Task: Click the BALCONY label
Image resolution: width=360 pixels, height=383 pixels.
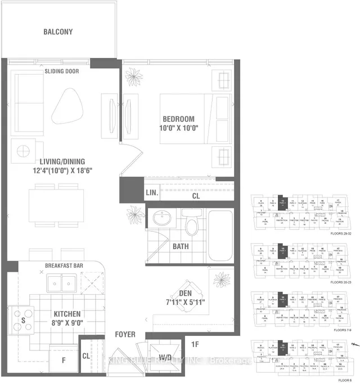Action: coord(58,31)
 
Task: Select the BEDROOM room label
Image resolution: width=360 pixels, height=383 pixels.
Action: coord(178,119)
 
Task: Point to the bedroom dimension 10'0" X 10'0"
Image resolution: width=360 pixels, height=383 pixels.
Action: coord(178,129)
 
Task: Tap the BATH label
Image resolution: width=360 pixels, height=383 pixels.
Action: coord(181,246)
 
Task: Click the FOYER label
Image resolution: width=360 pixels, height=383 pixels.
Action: coord(125,334)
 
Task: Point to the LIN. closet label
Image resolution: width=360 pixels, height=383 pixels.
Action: coord(152,192)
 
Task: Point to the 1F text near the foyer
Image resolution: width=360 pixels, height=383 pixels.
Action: coord(195,344)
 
